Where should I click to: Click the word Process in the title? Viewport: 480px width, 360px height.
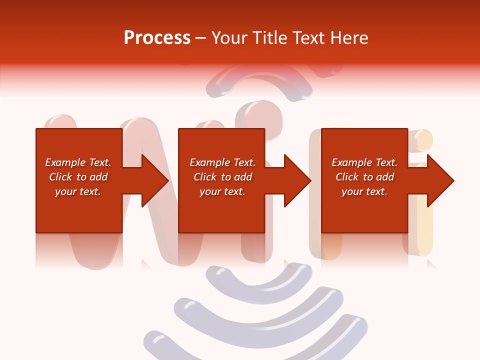tap(157, 38)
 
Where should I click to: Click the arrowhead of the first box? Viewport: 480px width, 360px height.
tap(155, 180)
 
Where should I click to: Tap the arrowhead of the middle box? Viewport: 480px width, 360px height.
tap(297, 180)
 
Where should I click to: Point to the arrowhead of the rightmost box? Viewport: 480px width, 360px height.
tap(440, 180)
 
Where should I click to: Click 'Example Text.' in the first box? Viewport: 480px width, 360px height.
tap(78, 162)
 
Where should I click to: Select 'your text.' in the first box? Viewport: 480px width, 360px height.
tap(78, 191)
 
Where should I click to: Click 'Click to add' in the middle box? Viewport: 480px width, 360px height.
tap(222, 177)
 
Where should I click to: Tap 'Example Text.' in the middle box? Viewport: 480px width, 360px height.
tap(222, 162)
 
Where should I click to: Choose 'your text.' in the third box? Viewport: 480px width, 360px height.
tap(364, 191)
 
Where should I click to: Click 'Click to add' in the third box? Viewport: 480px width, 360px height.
tap(364, 177)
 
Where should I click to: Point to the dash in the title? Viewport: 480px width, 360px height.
tap(200, 38)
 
